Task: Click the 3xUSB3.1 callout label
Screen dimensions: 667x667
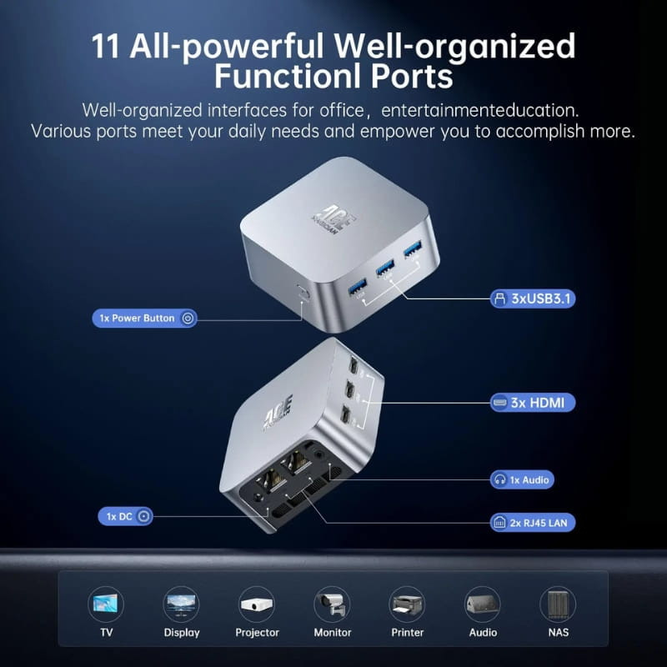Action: click(x=533, y=298)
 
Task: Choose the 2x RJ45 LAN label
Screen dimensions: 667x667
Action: click(x=532, y=523)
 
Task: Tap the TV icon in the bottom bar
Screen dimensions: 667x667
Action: click(x=106, y=603)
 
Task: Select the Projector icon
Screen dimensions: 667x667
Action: click(x=257, y=603)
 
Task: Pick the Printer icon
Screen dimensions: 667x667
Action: click(x=407, y=603)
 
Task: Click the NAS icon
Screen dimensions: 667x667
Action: click(x=558, y=603)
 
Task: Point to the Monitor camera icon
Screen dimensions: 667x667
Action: click(x=332, y=603)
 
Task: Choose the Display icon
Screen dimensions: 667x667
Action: click(x=182, y=603)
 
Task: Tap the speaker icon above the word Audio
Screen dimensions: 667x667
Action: click(x=482, y=603)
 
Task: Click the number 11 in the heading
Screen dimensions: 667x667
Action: click(x=111, y=47)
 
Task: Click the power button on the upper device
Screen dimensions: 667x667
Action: click(x=303, y=293)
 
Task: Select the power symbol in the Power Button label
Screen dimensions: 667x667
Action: click(x=188, y=318)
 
